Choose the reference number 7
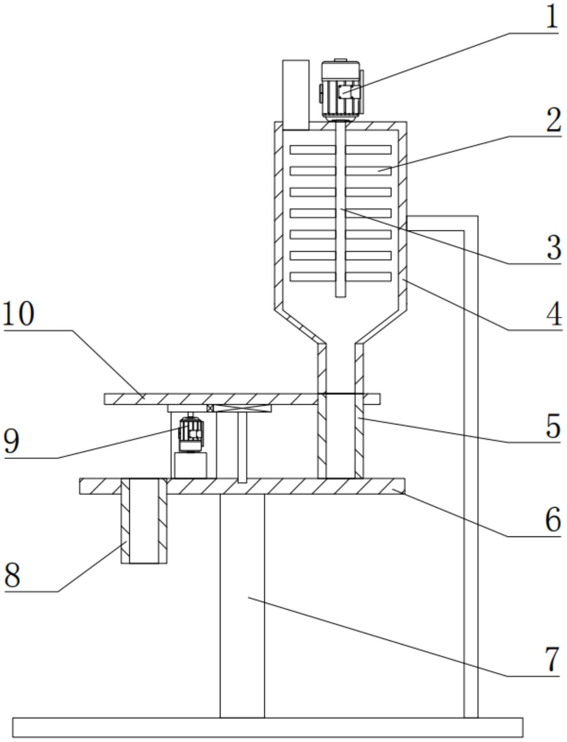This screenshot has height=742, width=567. [552, 659]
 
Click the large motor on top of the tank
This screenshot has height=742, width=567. [341, 90]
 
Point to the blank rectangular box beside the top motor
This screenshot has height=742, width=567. [296, 94]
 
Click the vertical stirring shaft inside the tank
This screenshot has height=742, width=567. [340, 211]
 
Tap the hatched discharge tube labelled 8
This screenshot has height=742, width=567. [144, 521]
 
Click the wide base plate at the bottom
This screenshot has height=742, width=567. [267, 727]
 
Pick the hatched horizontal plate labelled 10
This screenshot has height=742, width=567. [211, 399]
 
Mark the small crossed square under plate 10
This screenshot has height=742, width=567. [210, 408]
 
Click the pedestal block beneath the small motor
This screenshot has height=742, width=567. [191, 465]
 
